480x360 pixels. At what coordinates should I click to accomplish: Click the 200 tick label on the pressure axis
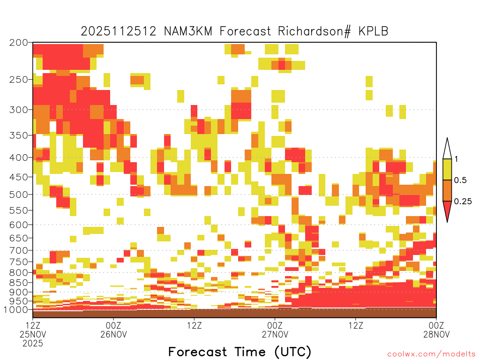18,43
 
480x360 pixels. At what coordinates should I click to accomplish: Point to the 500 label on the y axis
18,195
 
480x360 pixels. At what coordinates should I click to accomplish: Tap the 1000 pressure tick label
16,309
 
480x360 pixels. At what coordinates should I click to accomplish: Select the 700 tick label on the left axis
18,250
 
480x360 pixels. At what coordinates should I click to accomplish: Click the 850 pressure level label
18,283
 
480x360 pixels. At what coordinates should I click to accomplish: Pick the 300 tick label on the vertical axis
18,110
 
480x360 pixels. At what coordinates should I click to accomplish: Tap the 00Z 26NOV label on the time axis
113,330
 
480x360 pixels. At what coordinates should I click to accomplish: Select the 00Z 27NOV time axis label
275,330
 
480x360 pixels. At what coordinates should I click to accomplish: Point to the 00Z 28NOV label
436,330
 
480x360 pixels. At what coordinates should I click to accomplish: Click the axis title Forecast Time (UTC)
240,352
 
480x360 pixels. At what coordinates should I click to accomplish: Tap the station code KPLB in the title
373,31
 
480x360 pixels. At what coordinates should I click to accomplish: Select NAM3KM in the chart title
188,31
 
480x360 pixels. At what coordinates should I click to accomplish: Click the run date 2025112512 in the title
119,31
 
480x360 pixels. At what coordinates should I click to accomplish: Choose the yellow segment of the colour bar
447,169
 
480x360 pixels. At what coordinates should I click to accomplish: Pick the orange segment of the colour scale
447,190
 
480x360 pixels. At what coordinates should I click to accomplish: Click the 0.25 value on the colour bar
463,201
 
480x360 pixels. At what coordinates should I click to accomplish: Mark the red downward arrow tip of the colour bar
447,222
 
